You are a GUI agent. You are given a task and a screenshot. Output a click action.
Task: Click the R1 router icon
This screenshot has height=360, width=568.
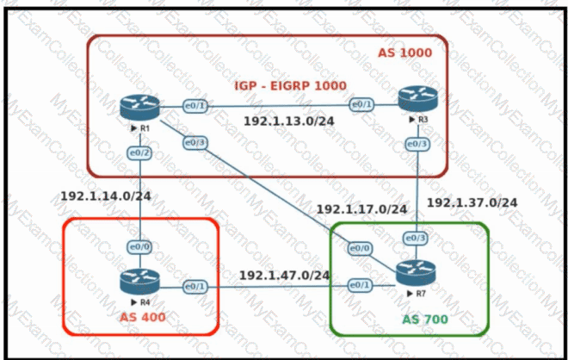(139, 108)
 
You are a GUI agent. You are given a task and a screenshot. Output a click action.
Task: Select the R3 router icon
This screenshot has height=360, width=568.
(414, 101)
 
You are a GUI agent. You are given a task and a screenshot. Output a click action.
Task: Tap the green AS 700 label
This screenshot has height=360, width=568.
(426, 320)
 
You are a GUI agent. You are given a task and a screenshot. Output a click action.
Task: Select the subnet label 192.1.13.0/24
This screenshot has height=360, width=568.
(288, 122)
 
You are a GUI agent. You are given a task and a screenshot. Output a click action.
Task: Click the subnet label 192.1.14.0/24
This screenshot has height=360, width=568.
(106, 196)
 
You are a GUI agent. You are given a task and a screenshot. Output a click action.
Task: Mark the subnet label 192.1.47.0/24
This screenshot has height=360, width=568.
(284, 276)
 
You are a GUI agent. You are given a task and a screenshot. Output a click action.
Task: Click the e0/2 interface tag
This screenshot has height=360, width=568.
(139, 152)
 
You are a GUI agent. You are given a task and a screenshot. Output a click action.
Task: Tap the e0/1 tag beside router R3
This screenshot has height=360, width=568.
(360, 104)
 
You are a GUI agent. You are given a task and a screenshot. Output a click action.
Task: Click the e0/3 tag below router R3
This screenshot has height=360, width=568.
(417, 143)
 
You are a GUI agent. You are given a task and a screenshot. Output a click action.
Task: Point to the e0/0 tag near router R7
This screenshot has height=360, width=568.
(359, 248)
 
